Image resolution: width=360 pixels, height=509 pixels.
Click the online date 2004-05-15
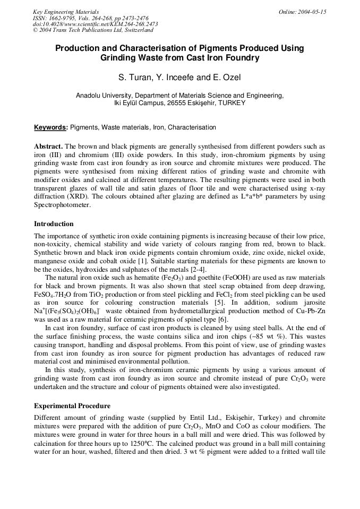tap(303, 12)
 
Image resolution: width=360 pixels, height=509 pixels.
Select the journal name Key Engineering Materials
tap(66, 12)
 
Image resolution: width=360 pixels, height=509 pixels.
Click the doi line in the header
tap(95, 24)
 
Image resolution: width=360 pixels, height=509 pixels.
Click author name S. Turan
tap(132, 78)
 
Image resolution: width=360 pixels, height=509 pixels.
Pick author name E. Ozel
tap(226, 78)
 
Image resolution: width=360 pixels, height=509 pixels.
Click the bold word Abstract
tap(48, 146)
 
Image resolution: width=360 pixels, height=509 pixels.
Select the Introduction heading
tap(54, 223)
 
